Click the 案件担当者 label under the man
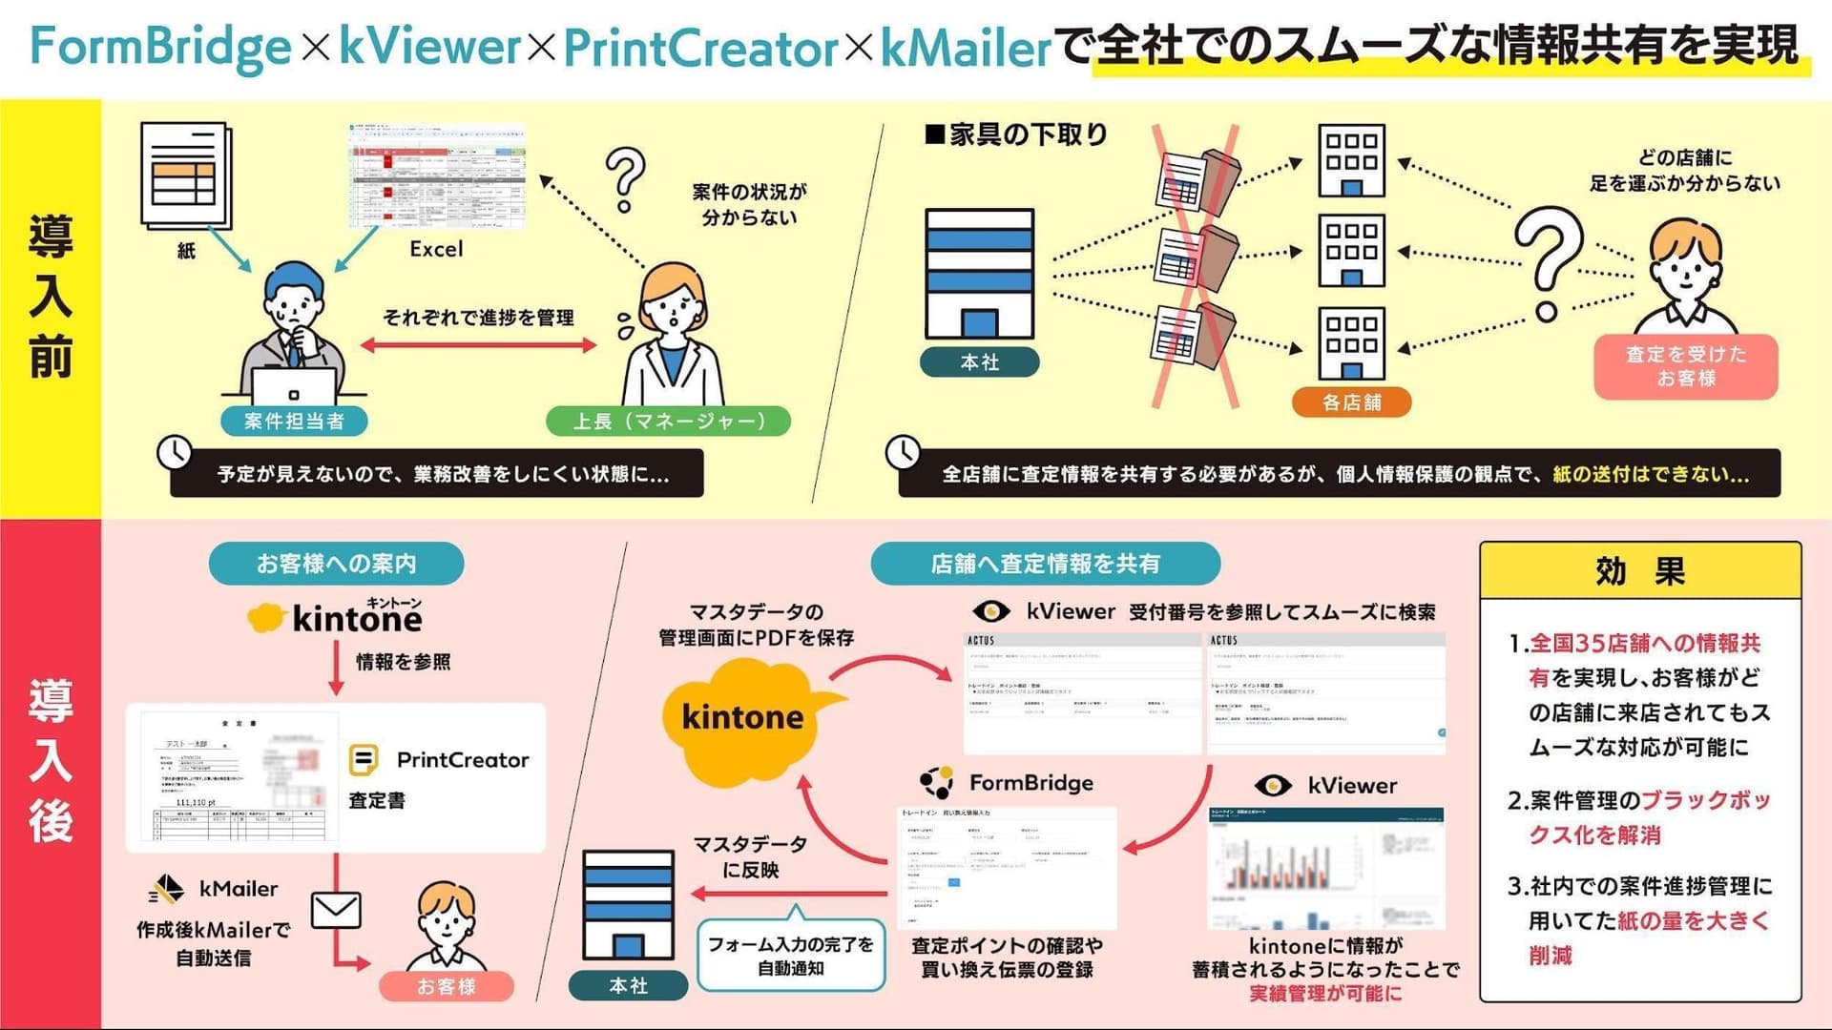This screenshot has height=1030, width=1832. tap(294, 421)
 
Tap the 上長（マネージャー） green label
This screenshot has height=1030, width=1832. tap(668, 421)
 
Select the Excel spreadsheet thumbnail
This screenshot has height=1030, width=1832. tap(438, 176)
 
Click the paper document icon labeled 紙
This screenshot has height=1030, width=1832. tap(185, 176)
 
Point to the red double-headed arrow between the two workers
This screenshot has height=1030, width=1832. tap(478, 345)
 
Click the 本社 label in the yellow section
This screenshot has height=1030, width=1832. tap(980, 362)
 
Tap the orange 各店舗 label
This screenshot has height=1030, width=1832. tap(1351, 402)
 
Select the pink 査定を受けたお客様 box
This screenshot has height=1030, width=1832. tap(1685, 366)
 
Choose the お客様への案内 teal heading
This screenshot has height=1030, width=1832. tap(336, 564)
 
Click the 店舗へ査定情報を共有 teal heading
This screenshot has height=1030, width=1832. tap(1045, 564)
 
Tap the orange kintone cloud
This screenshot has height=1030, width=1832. tap(743, 717)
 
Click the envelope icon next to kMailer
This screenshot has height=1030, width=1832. tap(336, 911)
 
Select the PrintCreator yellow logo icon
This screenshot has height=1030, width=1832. tap(364, 760)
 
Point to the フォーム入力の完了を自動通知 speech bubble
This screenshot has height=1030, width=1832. tap(790, 955)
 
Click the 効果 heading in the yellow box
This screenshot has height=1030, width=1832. tap(1639, 571)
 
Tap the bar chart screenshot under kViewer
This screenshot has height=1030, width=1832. tap(1326, 868)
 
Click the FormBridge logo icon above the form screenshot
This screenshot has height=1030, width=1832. tap(937, 782)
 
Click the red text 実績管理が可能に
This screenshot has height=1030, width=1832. tap(1325, 994)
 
